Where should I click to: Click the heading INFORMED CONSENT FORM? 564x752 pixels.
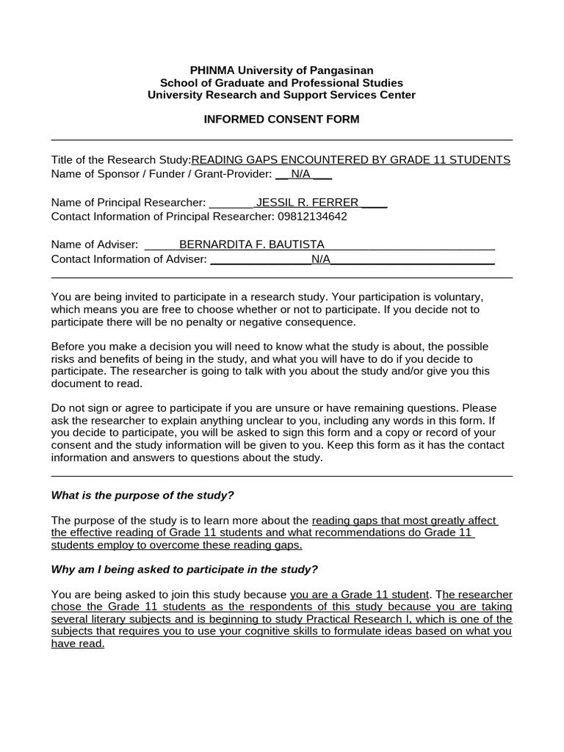point(281,119)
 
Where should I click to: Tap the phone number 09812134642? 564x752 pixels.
point(311,217)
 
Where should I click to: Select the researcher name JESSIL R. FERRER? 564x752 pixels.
point(307,203)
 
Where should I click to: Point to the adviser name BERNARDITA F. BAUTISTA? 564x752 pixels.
point(251,245)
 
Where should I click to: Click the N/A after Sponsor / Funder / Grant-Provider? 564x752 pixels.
point(300,174)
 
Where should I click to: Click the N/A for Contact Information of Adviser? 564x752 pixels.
point(321,259)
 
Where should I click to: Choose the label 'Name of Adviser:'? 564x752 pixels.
point(95,245)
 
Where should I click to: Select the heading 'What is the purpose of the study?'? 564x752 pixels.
point(142,495)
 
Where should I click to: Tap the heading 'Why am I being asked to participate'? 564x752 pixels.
point(184,569)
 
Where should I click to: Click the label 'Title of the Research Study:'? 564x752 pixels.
point(120,160)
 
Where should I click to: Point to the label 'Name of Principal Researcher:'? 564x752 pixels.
point(129,203)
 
